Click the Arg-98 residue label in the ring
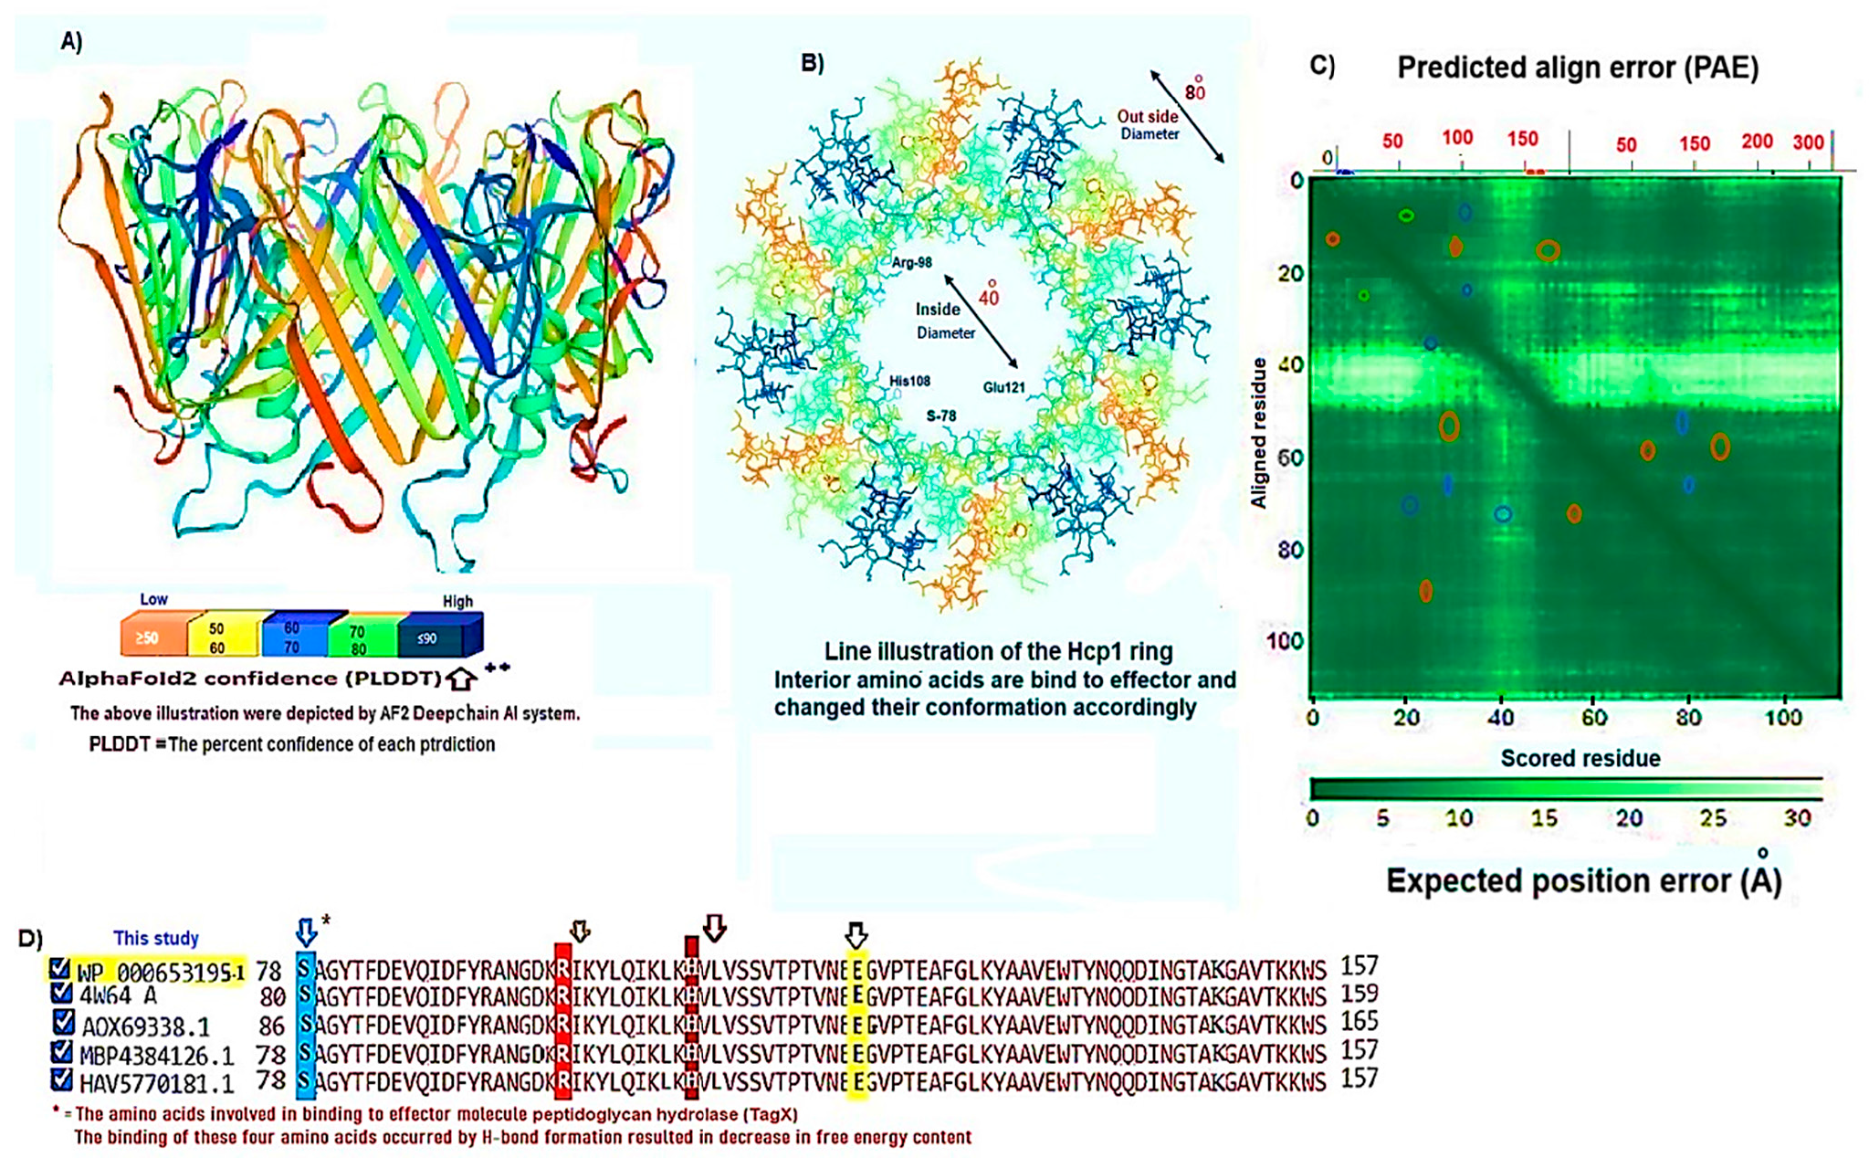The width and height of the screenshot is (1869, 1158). [911, 263]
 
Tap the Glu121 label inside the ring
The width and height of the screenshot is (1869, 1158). [1003, 387]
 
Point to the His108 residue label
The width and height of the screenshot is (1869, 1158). [909, 381]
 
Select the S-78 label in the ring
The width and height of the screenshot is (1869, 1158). [940, 416]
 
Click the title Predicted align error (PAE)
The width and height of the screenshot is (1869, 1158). [1577, 68]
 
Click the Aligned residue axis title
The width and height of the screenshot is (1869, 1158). [1259, 433]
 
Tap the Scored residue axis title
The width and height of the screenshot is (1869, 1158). [1580, 758]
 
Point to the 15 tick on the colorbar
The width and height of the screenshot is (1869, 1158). [1543, 817]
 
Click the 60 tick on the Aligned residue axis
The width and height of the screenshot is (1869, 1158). [1289, 458]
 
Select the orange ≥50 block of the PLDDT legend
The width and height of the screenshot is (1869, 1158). [152, 637]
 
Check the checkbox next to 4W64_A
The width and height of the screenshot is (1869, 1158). [61, 993]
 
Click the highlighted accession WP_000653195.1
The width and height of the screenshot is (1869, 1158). [160, 972]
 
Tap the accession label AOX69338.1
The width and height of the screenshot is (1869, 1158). [145, 1026]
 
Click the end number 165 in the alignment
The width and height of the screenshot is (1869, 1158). [1358, 1021]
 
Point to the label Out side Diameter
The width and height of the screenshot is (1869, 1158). [1149, 125]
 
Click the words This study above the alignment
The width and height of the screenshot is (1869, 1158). [155, 938]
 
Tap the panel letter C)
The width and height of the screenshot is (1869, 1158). [1321, 65]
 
